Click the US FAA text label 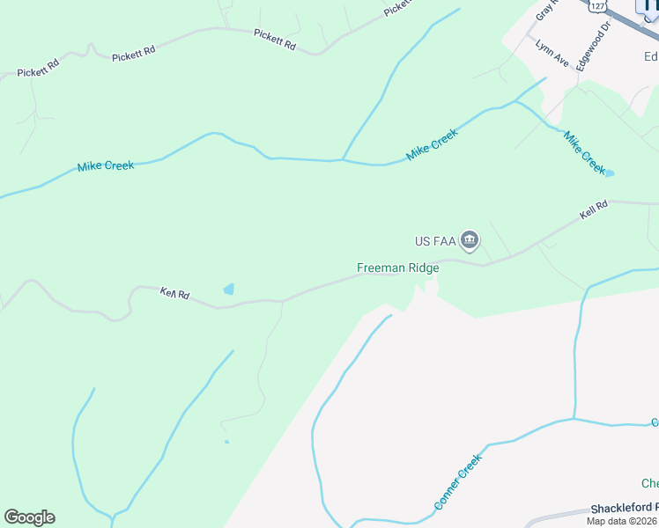pos(433,240)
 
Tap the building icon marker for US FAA pos(470,239)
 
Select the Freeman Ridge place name pos(397,268)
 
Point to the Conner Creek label pos(458,481)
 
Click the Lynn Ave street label pos(552,54)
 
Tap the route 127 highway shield pos(598,6)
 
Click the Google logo pos(29,517)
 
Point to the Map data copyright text pos(622,521)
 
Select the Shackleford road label pos(624,509)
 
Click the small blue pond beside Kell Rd pos(230,289)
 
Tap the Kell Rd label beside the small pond pos(174,293)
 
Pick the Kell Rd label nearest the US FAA pos(594,211)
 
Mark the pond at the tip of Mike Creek pos(610,173)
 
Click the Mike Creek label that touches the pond pos(584,152)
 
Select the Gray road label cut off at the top pos(545,11)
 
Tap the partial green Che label pos(649,484)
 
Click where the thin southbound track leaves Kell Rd pos(283,302)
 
